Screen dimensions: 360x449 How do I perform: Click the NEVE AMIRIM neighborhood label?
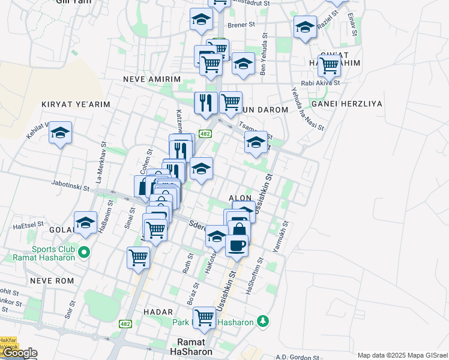click(x=151, y=79)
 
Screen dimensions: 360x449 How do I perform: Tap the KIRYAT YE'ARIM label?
click(x=76, y=104)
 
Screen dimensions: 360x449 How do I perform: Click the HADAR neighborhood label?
click(x=158, y=312)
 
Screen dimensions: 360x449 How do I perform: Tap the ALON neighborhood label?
click(x=240, y=197)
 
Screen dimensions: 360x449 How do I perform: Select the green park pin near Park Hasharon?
click(x=262, y=321)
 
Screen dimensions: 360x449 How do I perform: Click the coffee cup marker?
click(x=237, y=245)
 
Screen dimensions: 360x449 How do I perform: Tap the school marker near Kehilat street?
click(x=60, y=133)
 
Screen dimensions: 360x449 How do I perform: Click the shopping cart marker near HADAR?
click(x=204, y=317)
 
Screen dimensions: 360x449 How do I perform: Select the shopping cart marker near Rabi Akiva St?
click(x=329, y=67)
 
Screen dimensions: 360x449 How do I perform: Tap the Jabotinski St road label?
click(x=70, y=187)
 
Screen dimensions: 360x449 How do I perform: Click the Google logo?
click(x=19, y=353)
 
